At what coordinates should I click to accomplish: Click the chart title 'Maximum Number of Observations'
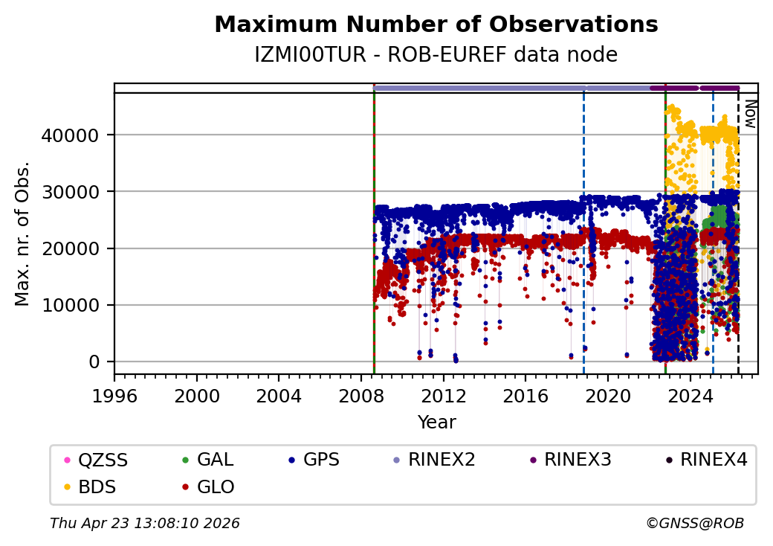point(436,25)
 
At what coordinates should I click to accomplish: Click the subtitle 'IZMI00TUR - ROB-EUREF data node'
point(436,55)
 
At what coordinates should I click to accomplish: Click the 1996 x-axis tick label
point(114,390)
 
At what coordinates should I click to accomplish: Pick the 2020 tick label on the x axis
point(608,390)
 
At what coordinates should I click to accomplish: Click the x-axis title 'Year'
point(436,423)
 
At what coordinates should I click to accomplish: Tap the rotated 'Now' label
point(749,115)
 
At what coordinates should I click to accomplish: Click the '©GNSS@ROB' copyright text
point(694,524)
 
